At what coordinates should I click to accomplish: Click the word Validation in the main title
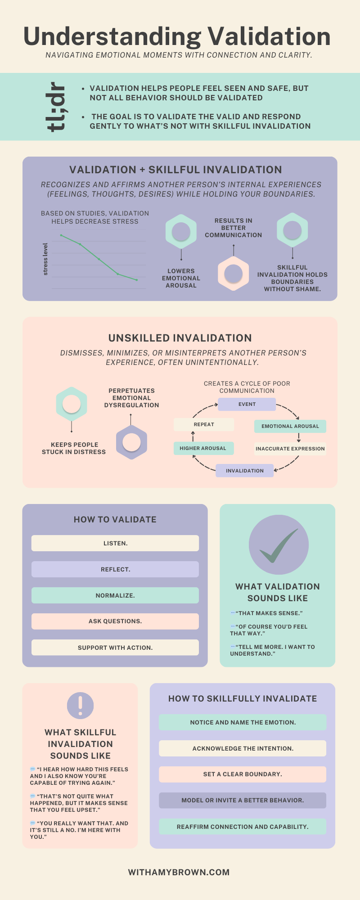[269, 36]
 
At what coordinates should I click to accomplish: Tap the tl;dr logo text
[56, 107]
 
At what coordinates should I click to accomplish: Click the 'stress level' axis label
[45, 259]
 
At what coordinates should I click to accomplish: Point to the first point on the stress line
[61, 235]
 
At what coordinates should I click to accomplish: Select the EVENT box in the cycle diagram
[247, 404]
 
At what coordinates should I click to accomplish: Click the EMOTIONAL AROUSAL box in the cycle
[290, 426]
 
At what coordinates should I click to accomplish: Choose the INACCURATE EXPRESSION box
[290, 449]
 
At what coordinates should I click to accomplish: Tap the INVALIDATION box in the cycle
[245, 471]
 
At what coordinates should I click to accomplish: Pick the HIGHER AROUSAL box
[203, 448]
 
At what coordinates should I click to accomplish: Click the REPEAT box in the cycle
[204, 424]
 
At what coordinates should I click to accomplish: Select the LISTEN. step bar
[115, 543]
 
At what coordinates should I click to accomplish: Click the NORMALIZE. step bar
[115, 595]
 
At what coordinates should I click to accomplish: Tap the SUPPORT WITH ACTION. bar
[115, 648]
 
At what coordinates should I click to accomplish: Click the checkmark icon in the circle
[279, 545]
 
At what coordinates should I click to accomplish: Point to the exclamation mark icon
[80, 705]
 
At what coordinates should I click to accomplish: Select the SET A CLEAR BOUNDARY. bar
[243, 774]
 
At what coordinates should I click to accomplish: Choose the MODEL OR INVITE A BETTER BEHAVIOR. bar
[243, 800]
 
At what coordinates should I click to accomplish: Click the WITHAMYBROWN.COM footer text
[179, 872]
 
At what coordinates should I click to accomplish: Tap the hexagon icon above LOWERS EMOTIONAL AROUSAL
[181, 231]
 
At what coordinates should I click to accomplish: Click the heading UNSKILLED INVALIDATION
[180, 338]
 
